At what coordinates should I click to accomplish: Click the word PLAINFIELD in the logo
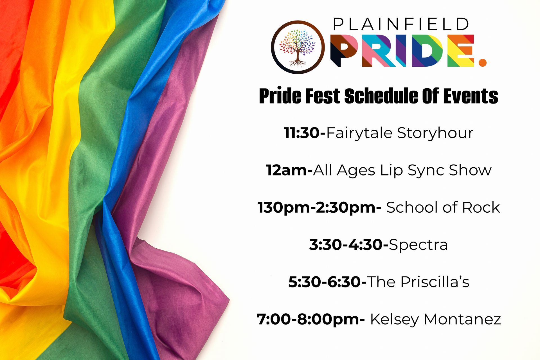(x=401, y=24)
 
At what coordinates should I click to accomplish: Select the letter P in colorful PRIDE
(x=345, y=51)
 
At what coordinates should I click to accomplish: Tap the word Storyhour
(x=435, y=133)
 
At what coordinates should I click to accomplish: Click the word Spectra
(x=418, y=245)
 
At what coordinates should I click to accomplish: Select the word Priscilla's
(x=435, y=282)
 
